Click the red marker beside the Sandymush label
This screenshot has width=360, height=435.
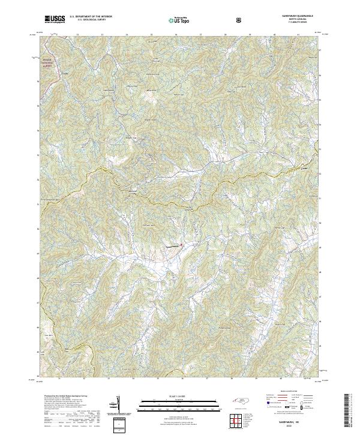pyautogui.click(x=181, y=243)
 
